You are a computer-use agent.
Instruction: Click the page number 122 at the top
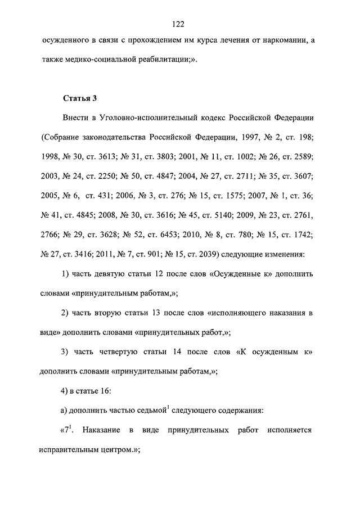tap(179, 24)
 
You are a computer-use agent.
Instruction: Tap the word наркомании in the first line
tap(277, 41)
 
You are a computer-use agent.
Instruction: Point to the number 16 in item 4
tap(107, 391)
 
